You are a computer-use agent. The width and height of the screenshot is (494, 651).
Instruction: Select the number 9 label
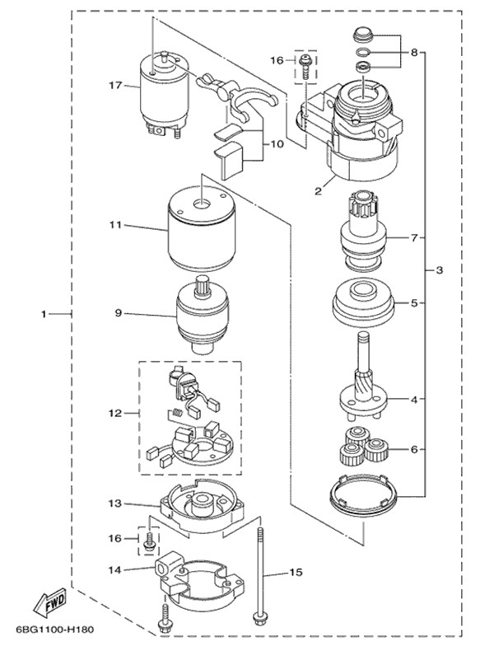pos(118,313)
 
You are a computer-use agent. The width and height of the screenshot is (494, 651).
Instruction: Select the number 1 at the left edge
pos(46,314)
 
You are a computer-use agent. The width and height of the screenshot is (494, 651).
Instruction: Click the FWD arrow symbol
pos(51,602)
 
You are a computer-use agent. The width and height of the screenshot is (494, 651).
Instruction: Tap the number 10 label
pos(277,143)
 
